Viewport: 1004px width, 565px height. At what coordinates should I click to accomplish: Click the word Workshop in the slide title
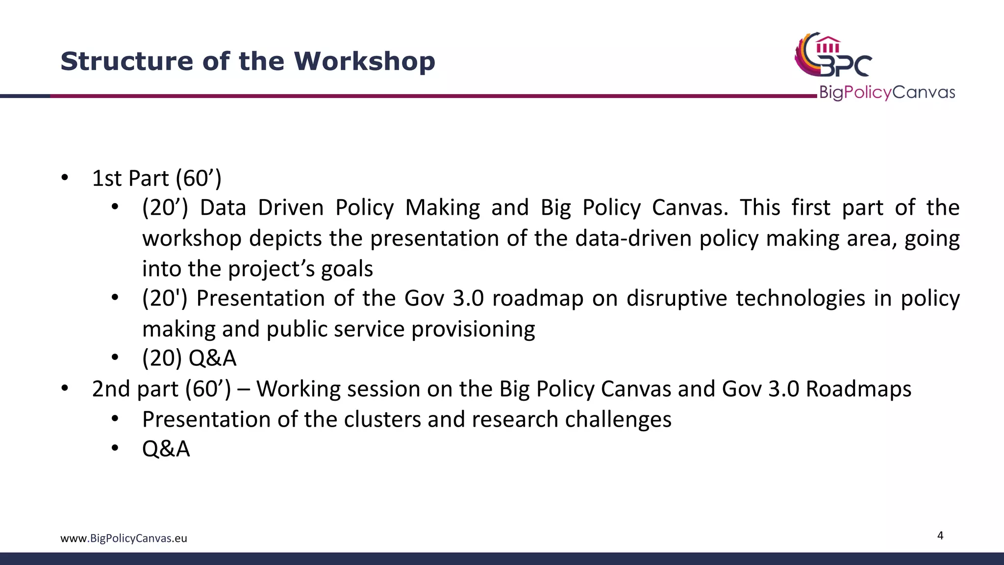click(364, 61)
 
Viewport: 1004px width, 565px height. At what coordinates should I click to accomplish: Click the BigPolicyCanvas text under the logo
click(887, 92)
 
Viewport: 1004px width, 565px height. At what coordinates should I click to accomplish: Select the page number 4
click(940, 535)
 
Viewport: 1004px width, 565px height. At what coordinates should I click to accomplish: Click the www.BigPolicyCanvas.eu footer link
click(124, 538)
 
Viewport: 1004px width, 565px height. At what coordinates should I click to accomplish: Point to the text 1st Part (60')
click(156, 178)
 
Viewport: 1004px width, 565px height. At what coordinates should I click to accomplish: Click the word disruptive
click(677, 298)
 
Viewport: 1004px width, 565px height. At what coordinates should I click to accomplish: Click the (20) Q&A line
click(189, 358)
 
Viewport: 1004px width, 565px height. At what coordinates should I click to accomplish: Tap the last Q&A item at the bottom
click(166, 449)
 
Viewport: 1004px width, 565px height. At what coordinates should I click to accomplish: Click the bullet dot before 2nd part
click(65, 388)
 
